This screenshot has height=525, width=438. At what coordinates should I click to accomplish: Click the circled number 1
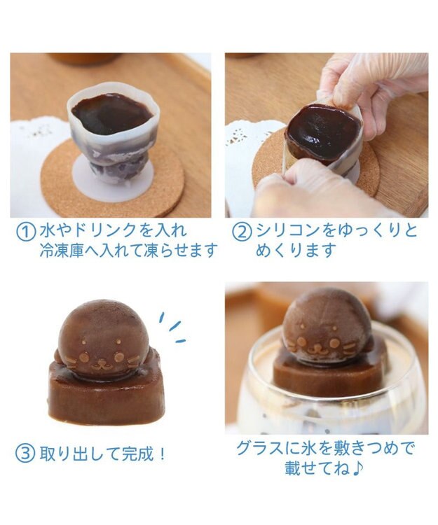(x=25, y=232)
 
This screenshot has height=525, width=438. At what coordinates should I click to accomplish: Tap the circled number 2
(x=242, y=232)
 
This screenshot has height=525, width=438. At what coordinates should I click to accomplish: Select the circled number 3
(x=25, y=453)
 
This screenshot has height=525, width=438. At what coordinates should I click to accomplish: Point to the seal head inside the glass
(x=326, y=325)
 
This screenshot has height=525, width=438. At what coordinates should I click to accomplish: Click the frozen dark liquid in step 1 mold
(x=111, y=112)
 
